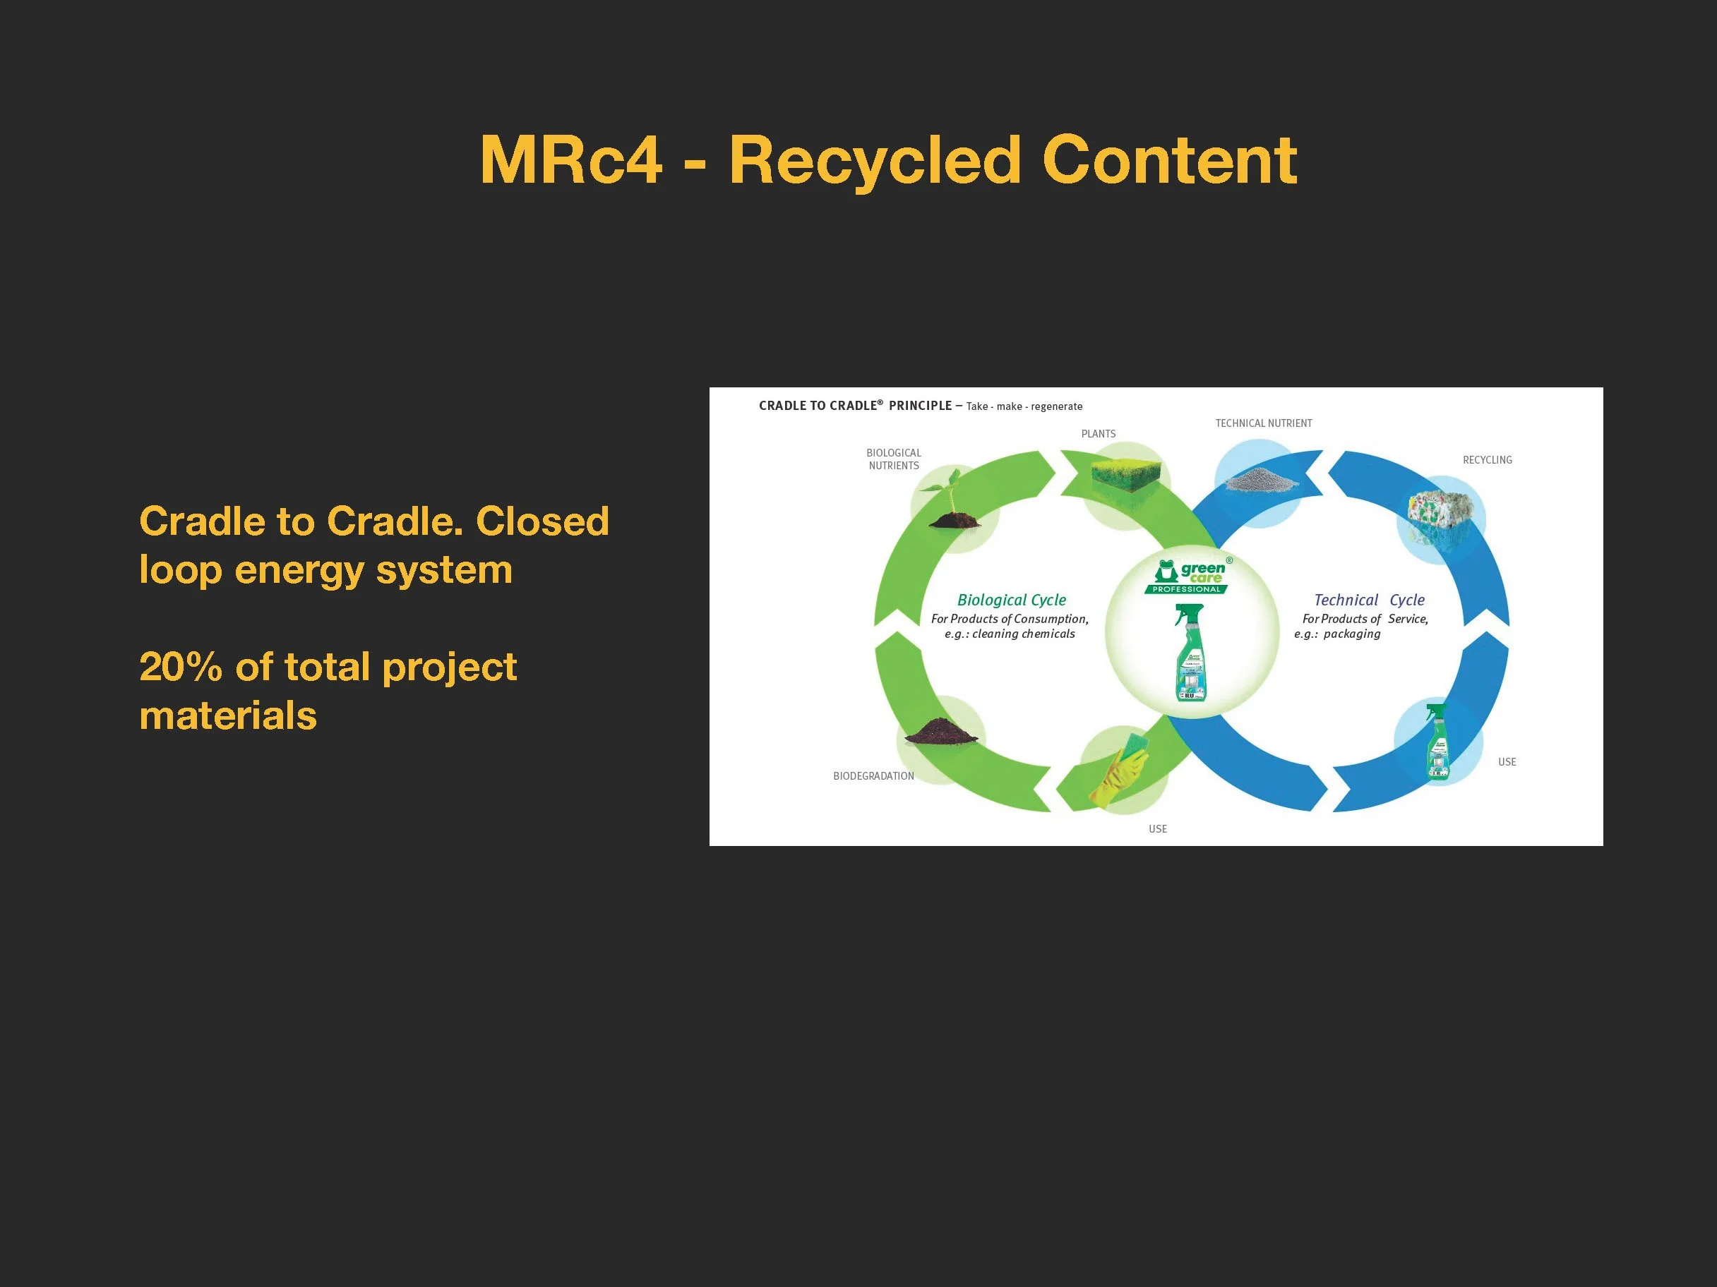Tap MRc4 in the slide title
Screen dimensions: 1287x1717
click(570, 161)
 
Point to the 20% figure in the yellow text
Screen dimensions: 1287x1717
click(180, 667)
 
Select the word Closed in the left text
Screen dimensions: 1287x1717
click(542, 521)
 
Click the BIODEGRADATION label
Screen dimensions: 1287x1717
click(873, 775)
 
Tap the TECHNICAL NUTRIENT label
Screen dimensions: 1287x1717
click(1263, 423)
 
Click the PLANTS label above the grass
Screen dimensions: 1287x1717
click(1099, 434)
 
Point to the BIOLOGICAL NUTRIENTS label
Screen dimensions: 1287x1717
click(893, 459)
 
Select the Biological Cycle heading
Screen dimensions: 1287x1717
click(1012, 600)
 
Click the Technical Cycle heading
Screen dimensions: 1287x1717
click(1369, 600)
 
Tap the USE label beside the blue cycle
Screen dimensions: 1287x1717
click(1507, 762)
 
